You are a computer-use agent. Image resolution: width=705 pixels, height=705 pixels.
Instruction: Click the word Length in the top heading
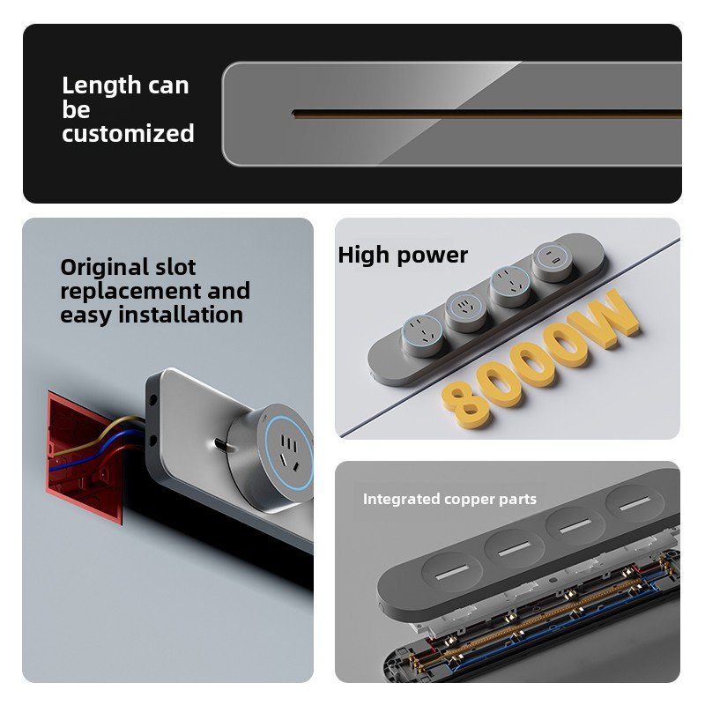[x=101, y=85]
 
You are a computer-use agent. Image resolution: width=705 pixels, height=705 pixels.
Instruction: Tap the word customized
[x=128, y=134]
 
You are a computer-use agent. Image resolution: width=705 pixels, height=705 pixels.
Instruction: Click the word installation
[x=181, y=315]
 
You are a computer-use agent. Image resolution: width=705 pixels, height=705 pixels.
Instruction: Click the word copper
[x=469, y=500]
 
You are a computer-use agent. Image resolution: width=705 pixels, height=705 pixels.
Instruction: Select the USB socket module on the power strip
[x=552, y=262]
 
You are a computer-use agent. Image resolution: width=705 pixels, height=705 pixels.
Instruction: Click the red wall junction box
[x=84, y=457]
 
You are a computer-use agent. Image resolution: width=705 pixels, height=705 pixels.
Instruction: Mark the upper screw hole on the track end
[x=152, y=399]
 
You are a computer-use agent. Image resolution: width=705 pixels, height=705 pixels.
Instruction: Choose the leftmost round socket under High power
[x=422, y=336]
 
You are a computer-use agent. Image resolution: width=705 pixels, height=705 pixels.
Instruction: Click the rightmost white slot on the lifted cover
[x=634, y=504]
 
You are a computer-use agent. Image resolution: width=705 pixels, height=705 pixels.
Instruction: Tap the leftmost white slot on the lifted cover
[x=452, y=571]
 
